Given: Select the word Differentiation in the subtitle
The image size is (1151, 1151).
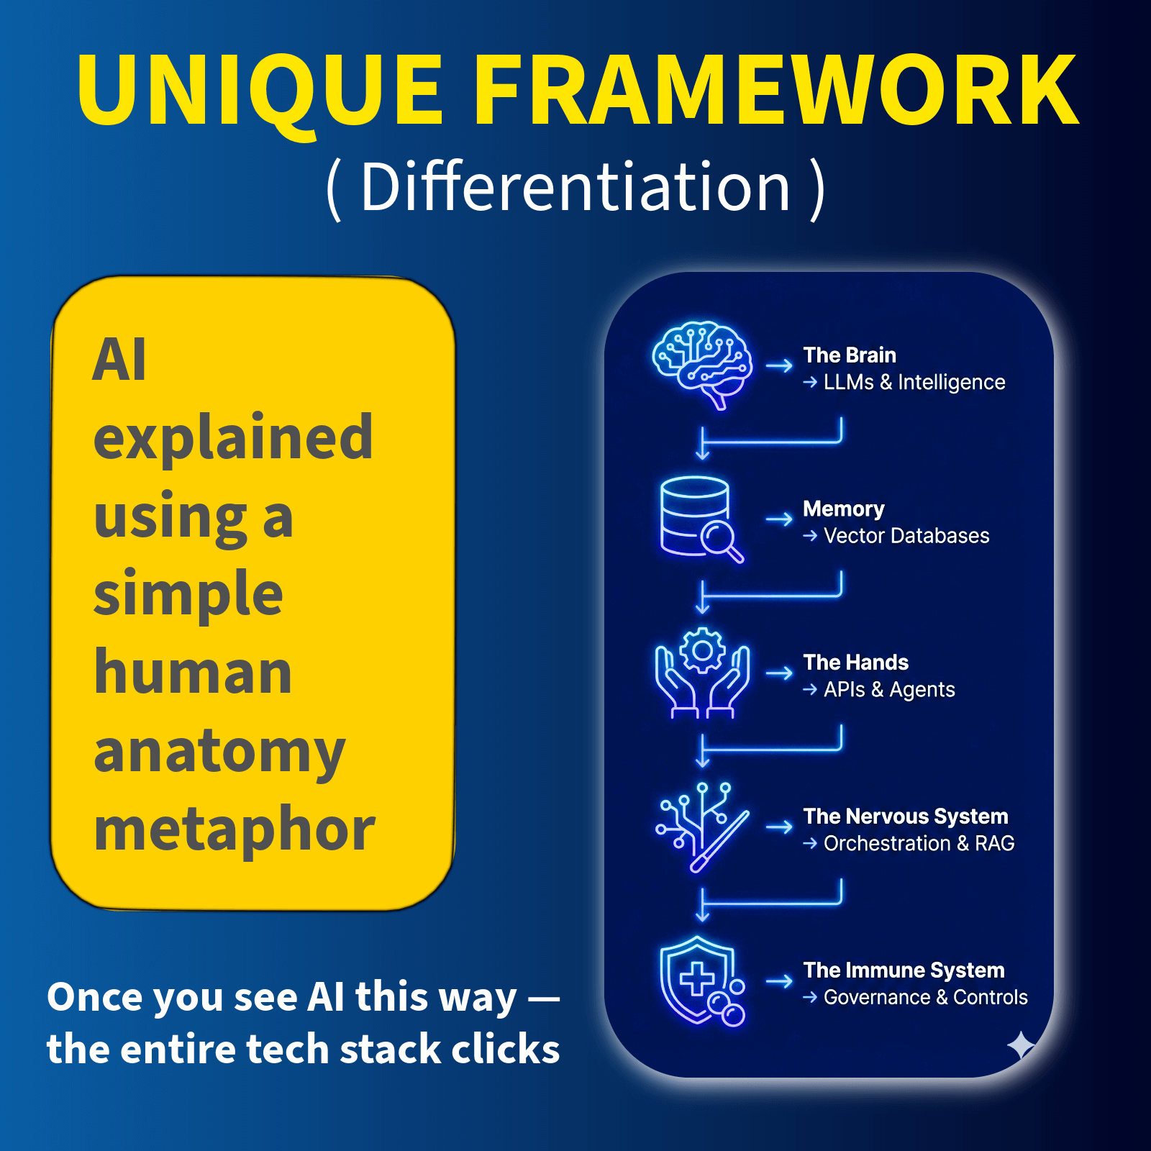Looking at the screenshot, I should [575, 187].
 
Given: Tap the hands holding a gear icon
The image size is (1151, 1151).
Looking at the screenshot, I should [702, 673].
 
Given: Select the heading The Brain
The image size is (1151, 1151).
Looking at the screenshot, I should [850, 355].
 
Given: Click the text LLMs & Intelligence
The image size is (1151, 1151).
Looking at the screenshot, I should [914, 382].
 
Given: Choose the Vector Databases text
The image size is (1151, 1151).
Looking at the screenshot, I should [906, 536].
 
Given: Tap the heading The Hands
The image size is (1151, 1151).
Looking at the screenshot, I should [855, 663].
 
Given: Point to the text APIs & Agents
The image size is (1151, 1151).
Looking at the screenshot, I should [889, 690].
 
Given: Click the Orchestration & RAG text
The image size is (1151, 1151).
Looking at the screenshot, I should [919, 843].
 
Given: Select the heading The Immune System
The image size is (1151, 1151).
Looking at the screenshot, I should [904, 970].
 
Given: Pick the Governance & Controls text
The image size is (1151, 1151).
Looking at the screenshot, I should [925, 998].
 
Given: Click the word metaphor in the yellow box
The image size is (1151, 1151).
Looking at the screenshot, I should [235, 829].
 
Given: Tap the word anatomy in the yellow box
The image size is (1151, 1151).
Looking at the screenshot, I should [219, 752].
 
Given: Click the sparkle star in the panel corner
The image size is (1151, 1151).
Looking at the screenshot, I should [1021, 1045].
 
